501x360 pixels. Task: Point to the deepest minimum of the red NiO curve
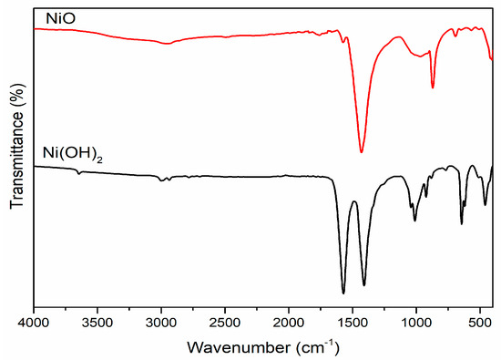click(362, 151)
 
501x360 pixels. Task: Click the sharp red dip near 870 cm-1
click(433, 87)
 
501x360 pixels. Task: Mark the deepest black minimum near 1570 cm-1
click(343, 293)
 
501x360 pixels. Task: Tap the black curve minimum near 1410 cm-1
click(364, 284)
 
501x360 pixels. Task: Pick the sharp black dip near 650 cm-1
click(461, 223)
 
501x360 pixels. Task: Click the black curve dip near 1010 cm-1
click(414, 220)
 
